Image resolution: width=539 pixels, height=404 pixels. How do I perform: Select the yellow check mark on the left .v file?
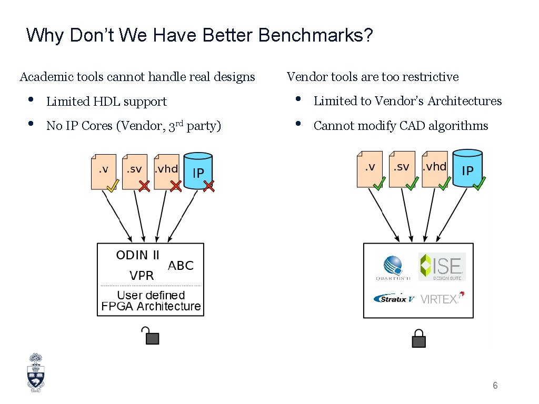(112, 186)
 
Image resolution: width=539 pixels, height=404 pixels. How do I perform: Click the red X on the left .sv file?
(144, 186)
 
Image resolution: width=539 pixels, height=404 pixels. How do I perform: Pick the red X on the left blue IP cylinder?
(209, 186)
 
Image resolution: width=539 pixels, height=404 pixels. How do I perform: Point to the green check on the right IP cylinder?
(479, 184)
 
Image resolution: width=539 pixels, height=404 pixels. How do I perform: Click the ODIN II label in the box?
(137, 255)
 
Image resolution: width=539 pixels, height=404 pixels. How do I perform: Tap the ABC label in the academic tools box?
(181, 266)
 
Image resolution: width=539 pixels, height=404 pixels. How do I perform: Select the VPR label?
(142, 275)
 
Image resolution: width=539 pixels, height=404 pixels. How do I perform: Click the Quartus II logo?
(393, 267)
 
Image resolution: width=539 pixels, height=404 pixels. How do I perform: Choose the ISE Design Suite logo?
(442, 267)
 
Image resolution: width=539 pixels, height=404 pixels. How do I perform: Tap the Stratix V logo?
(394, 299)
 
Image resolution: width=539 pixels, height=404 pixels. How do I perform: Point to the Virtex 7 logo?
(441, 299)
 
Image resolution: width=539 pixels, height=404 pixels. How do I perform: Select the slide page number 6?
(495, 386)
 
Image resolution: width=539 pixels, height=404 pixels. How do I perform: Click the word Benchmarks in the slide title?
(316, 35)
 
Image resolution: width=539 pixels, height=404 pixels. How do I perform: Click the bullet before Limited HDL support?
(31, 99)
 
